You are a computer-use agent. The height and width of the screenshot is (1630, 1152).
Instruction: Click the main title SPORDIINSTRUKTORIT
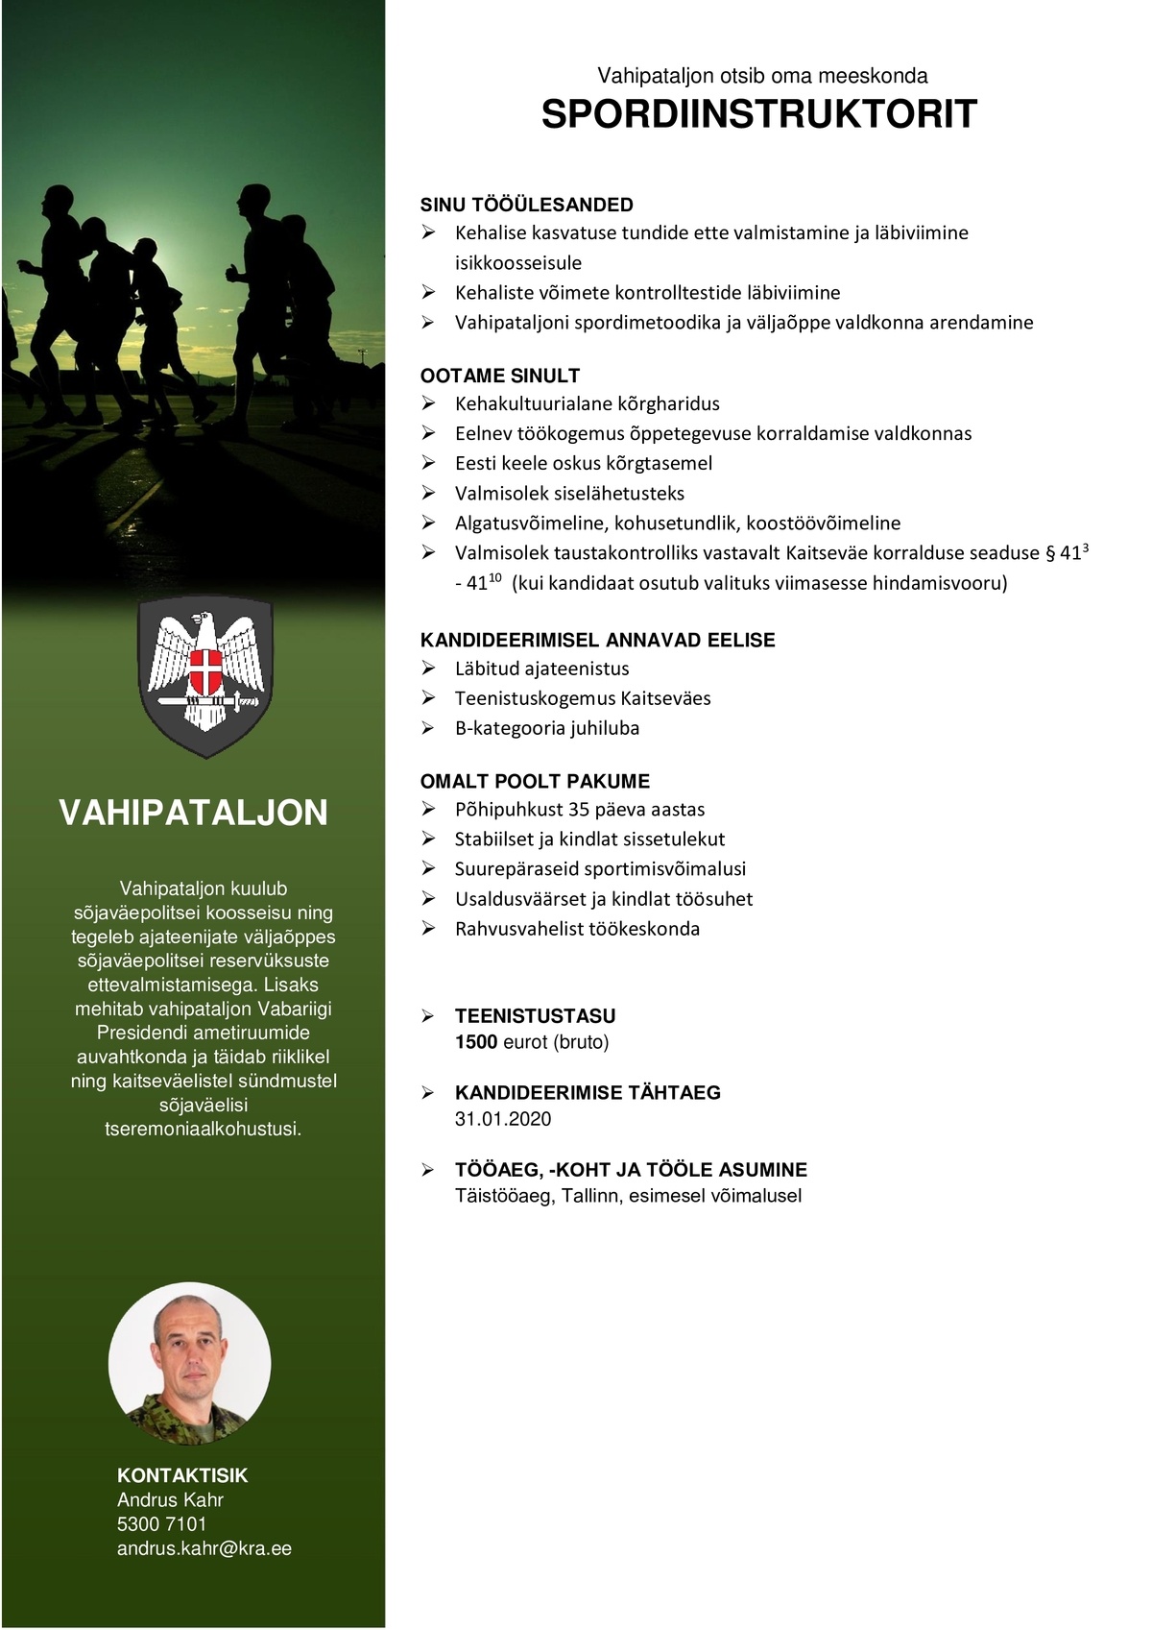[758, 114]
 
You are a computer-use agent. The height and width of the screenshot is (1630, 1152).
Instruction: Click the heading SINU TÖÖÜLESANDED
[526, 205]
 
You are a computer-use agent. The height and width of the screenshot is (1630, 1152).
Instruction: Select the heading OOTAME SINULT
[499, 376]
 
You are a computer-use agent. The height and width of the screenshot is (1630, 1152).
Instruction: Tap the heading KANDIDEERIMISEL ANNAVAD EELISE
[597, 640]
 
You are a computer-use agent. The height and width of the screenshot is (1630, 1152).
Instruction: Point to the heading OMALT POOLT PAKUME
[535, 781]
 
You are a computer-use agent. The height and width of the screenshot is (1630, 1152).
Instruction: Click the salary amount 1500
[475, 1042]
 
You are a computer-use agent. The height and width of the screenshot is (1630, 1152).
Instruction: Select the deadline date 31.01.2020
[503, 1119]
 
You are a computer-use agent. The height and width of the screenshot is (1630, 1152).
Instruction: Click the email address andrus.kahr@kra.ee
[204, 1548]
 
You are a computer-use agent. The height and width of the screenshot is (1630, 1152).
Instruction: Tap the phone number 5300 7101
[161, 1524]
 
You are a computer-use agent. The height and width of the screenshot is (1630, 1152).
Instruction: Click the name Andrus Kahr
[170, 1500]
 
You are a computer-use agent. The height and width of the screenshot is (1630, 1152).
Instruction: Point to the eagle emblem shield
[205, 676]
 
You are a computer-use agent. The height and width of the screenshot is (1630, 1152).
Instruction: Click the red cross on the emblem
[205, 671]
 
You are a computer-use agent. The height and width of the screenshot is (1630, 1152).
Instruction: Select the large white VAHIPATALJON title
[193, 813]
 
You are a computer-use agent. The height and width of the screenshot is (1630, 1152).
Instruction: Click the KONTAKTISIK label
[182, 1475]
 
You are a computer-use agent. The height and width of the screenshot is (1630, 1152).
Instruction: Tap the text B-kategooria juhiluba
[546, 728]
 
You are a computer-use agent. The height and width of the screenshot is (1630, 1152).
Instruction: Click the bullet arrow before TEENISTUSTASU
[428, 1016]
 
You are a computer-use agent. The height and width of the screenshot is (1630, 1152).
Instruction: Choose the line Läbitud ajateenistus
[541, 669]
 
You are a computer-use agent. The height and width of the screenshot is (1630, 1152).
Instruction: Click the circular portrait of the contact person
[190, 1364]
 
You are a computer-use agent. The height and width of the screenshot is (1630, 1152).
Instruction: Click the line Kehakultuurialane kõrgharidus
[587, 403]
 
